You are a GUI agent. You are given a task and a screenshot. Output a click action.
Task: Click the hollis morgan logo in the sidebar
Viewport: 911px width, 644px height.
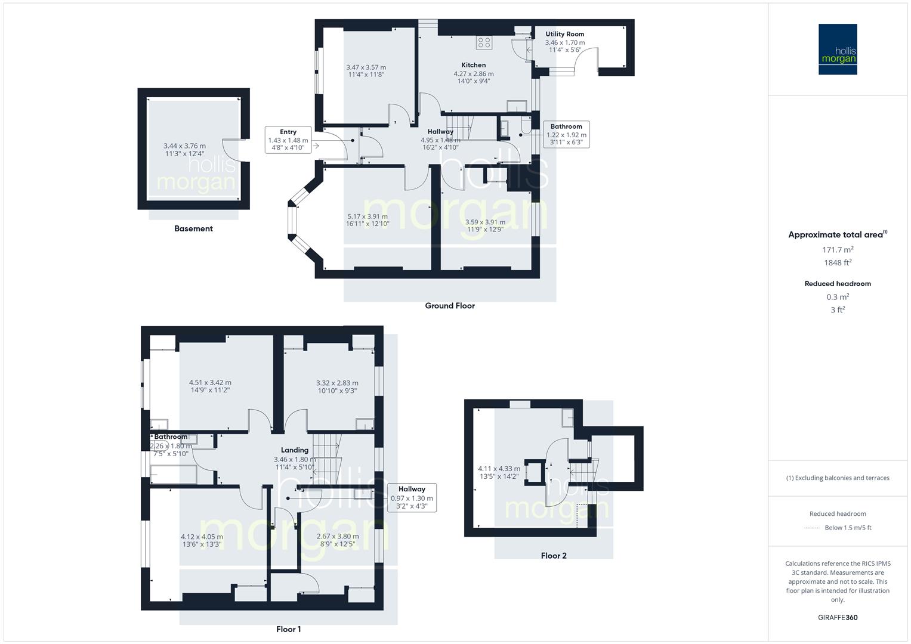(837, 49)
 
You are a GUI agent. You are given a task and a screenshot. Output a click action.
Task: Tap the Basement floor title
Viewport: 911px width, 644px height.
(193, 228)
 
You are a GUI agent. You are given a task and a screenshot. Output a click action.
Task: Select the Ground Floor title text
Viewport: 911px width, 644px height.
(449, 306)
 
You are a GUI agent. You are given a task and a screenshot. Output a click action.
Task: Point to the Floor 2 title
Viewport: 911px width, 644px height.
(554, 556)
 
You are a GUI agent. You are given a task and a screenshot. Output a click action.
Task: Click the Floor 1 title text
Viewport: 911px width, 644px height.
(288, 629)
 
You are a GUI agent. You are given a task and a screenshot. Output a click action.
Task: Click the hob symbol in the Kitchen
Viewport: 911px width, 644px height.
(484, 42)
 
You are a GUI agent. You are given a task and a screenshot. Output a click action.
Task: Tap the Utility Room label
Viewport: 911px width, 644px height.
(564, 34)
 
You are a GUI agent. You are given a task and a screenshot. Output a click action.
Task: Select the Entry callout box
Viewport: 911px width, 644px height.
(288, 140)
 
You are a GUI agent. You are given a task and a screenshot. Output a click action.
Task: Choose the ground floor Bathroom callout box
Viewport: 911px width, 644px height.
(566, 134)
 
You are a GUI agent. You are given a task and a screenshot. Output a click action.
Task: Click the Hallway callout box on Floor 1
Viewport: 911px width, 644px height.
(412, 497)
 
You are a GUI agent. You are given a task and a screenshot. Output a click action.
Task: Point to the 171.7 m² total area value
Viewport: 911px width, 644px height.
(838, 250)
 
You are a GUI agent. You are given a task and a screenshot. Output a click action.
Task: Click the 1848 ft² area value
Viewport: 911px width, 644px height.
(838, 263)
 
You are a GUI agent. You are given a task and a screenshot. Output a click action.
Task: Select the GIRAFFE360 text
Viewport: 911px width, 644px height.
(838, 618)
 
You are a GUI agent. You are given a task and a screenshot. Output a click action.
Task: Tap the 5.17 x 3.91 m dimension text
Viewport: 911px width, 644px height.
(368, 216)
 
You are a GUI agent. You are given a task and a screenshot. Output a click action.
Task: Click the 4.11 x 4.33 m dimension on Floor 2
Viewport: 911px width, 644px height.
(499, 469)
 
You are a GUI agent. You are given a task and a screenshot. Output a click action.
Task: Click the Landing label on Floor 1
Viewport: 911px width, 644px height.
(295, 450)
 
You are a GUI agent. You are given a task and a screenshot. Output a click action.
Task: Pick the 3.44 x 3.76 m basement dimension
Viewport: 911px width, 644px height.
(184, 146)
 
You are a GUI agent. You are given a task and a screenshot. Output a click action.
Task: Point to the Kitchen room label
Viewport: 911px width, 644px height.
(473, 65)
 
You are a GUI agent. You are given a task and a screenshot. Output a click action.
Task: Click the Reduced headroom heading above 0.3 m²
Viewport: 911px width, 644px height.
(838, 284)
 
